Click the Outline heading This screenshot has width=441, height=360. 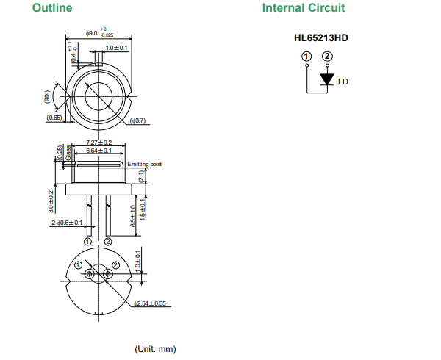[51, 8]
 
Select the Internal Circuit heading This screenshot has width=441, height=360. [304, 8]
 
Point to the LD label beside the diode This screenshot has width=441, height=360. [343, 82]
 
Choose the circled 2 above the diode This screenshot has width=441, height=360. [327, 56]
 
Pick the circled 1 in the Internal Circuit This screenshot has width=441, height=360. [306, 56]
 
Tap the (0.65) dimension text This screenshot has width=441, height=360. [54, 118]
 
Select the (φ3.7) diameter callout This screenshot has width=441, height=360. [139, 120]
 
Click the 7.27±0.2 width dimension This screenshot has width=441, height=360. [98, 142]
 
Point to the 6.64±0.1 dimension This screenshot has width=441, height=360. [98, 151]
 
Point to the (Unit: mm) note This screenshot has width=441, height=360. [155, 348]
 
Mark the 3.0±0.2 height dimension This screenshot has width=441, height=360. [53, 202]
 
